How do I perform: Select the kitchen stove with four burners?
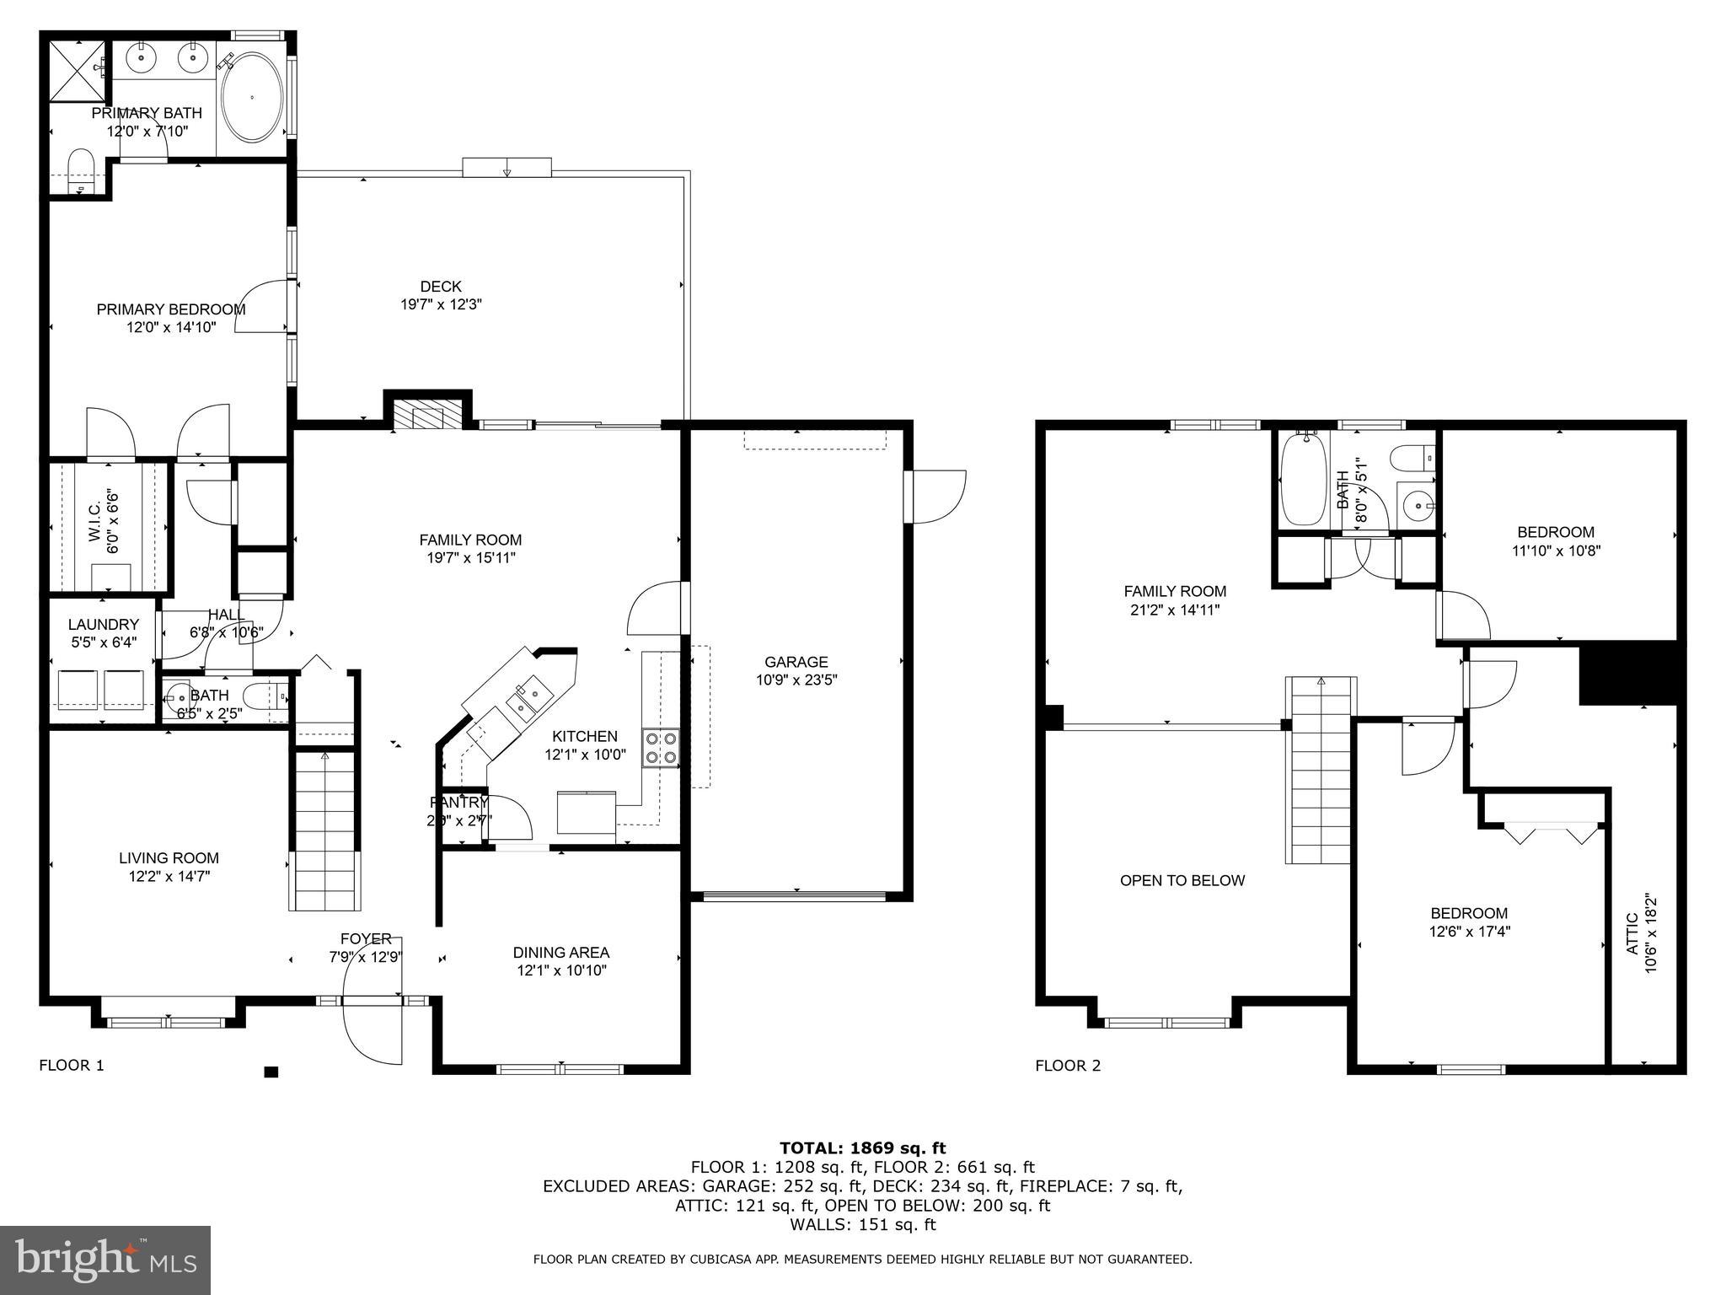tap(661, 747)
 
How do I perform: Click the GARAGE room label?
tap(796, 662)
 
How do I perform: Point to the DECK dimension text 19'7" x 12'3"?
tap(441, 304)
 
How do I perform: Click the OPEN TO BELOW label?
tap(1182, 880)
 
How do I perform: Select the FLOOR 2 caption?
tap(1068, 1065)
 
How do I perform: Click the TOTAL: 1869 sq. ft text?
tap(862, 1147)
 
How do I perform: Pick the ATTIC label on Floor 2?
tap(1632, 933)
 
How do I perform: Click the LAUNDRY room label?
tap(103, 624)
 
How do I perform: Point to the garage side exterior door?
tap(935, 497)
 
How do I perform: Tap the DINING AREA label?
tap(560, 952)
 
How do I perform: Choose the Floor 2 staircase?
tap(1319, 769)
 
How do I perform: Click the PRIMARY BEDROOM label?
tap(171, 309)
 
